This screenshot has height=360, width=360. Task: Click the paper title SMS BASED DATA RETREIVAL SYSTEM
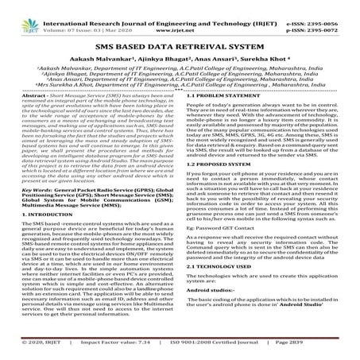(180, 47)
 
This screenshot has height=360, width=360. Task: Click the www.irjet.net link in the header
(180, 17)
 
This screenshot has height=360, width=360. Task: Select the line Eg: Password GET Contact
(229, 250)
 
